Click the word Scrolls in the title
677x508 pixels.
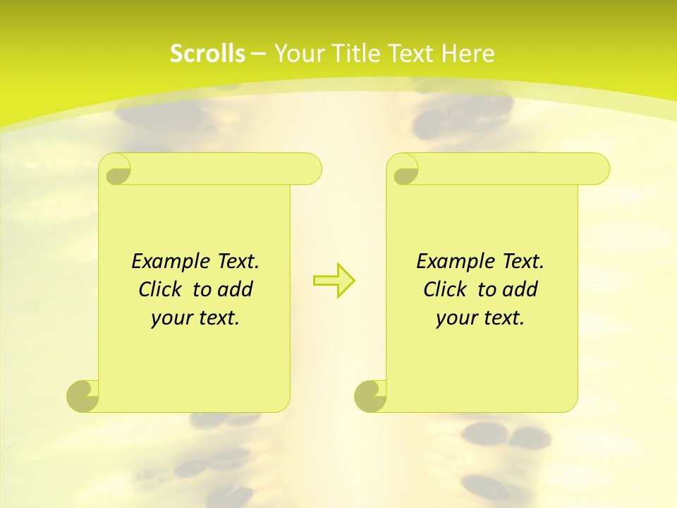coord(207,54)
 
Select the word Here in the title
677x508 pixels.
coord(468,54)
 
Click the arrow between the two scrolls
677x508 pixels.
coord(334,280)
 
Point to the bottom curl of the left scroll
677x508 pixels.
coord(83,396)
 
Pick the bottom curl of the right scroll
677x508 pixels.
coord(371,396)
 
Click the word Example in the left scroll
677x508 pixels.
coord(168,261)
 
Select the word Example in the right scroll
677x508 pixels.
coord(453,261)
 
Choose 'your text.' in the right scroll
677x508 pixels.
coord(480,318)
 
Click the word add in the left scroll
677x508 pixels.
coord(236,289)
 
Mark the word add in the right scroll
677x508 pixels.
coord(520,289)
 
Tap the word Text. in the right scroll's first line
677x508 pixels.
coord(523,261)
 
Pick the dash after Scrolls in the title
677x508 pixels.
coord(258,54)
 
